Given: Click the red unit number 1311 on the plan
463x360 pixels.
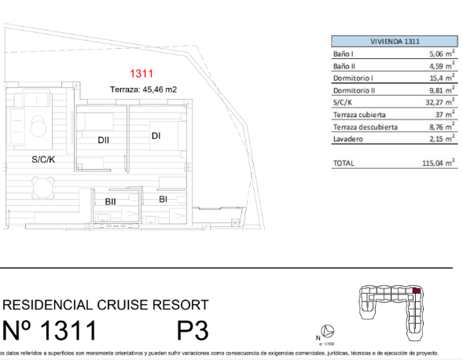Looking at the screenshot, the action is (141, 74).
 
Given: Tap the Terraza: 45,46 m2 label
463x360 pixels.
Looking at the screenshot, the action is (143, 89).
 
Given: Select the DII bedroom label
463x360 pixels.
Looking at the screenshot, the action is (103, 140).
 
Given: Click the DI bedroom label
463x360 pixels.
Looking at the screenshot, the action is (156, 136).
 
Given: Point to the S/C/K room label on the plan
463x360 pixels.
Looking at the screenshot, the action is (43, 160).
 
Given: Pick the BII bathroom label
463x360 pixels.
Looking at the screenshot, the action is (110, 202).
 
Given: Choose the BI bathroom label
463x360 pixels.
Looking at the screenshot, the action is (163, 200).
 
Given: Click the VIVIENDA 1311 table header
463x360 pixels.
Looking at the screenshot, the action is (395, 42).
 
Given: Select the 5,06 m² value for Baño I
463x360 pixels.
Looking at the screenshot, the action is (442, 53).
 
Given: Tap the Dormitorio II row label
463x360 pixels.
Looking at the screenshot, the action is (354, 90).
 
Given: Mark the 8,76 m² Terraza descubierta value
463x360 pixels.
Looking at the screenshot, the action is (442, 127).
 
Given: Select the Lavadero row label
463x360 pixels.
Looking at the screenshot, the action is (348, 139).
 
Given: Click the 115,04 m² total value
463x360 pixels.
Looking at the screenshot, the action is (438, 163).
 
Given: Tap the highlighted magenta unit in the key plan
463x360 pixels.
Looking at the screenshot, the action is (417, 291).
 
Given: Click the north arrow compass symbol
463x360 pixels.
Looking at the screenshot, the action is (327, 331).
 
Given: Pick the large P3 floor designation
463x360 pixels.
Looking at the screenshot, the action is (193, 330).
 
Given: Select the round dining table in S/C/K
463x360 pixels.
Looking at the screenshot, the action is (43, 188).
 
